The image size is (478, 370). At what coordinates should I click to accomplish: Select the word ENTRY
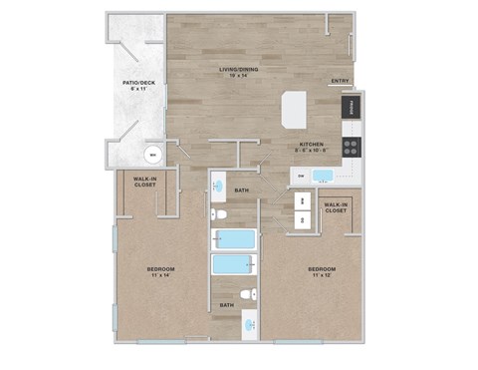(340, 82)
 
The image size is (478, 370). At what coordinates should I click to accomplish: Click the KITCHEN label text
(311, 146)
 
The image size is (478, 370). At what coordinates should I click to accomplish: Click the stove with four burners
(352, 147)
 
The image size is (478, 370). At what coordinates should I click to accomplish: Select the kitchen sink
(323, 177)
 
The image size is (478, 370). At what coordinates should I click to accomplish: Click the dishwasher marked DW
(300, 177)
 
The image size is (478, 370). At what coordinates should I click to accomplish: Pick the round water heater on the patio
(152, 154)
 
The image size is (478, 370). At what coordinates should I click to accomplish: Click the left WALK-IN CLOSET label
(145, 182)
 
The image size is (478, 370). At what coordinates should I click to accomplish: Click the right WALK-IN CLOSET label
(336, 207)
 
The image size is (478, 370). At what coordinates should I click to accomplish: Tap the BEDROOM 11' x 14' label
(162, 272)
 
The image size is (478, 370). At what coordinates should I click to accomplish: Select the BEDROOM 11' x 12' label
(322, 271)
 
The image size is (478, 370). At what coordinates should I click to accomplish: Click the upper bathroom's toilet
(223, 214)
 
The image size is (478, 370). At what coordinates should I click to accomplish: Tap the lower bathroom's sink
(248, 323)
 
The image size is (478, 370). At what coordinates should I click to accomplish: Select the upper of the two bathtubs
(234, 239)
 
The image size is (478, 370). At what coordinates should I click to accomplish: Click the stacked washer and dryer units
(302, 210)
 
